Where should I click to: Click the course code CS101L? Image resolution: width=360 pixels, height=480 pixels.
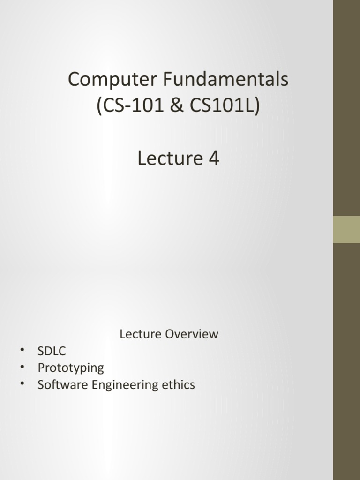coord(220,107)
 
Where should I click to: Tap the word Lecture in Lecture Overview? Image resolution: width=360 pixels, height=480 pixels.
coord(140,334)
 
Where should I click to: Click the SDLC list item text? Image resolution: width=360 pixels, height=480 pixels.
coord(52,351)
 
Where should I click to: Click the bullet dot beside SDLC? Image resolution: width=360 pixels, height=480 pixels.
coord(22,350)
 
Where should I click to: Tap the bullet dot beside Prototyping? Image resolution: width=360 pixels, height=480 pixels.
coord(22,367)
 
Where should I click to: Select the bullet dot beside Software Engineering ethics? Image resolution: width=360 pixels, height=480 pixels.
coord(22,384)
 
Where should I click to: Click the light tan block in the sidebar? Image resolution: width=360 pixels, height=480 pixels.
coord(346,229)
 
